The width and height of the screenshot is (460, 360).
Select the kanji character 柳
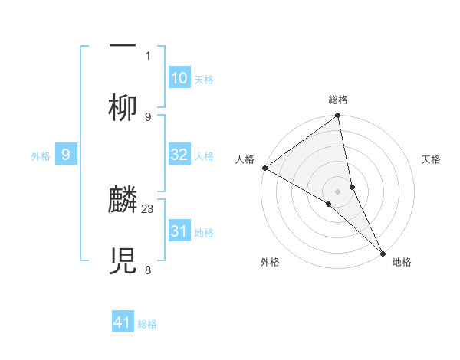123,108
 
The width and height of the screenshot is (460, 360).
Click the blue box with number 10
179,78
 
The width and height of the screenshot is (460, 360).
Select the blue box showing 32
179,155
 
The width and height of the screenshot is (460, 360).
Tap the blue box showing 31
179,231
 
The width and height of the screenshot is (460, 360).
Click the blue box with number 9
66,155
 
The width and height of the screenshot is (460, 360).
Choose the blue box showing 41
123,322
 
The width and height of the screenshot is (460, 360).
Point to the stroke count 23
148,208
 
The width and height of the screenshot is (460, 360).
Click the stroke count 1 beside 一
148,55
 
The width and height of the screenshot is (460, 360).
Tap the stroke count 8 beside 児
148,270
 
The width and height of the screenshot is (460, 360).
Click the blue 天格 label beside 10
204,80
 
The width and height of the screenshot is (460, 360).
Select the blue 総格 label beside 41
147,324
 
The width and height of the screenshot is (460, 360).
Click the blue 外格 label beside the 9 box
41,156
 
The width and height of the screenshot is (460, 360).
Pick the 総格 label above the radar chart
338,100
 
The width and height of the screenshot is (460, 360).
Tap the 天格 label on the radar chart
432,159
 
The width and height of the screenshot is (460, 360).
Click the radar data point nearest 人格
264,168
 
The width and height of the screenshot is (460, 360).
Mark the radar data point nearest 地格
383,253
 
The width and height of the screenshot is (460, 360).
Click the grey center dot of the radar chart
338,190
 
